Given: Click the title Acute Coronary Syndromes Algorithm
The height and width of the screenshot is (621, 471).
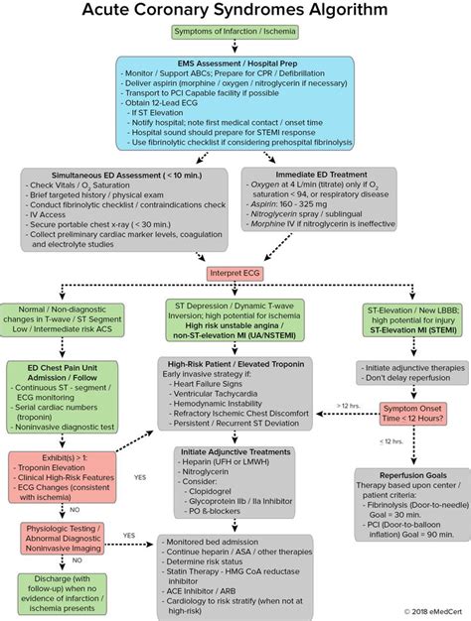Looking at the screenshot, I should pos(235,13).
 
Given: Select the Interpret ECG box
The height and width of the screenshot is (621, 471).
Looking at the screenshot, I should pos(235,272).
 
